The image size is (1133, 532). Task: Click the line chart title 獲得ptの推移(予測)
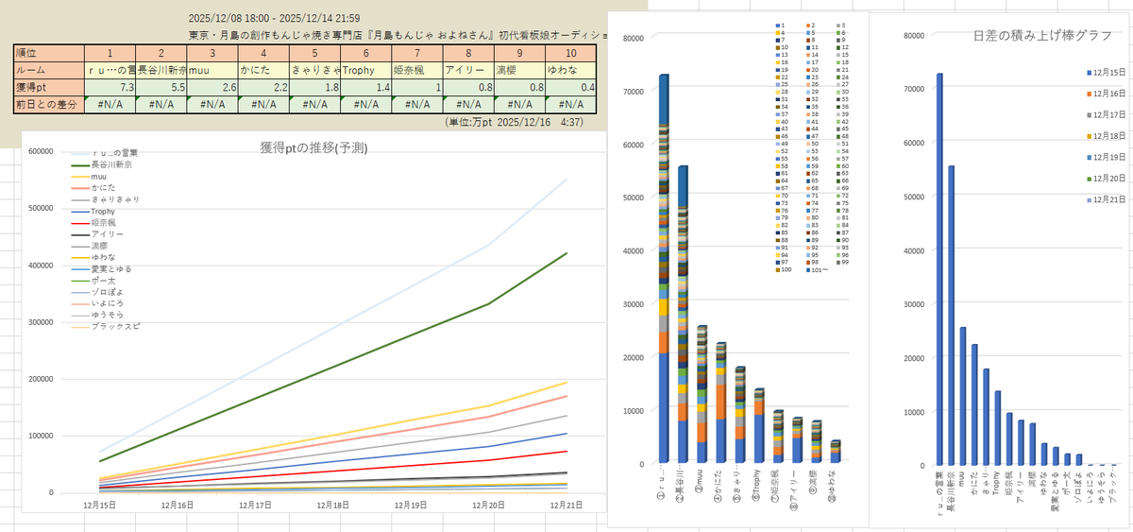point(313,147)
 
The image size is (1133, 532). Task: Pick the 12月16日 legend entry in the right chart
point(1110,94)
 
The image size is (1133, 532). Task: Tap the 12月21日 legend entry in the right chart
point(1110,200)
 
